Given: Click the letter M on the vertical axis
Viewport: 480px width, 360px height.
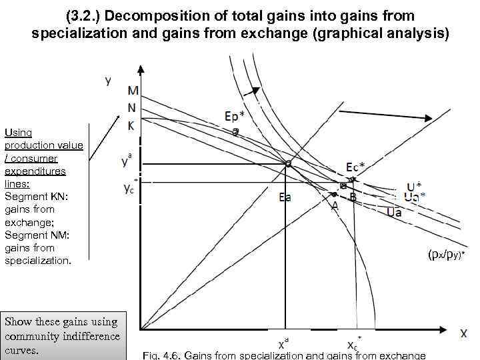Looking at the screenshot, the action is tap(133, 91).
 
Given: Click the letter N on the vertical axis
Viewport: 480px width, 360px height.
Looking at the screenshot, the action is tap(132, 107).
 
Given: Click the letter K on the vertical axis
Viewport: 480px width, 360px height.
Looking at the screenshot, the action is tap(132, 124).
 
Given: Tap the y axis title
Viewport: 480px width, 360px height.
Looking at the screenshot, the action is tap(108, 81).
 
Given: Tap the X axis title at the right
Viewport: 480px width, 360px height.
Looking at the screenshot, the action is tap(463, 333).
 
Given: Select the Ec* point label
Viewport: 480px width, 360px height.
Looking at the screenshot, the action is tap(354, 167).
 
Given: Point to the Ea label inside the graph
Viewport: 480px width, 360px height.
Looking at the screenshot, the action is tap(285, 197).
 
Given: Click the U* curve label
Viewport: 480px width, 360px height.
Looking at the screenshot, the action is tap(414, 187).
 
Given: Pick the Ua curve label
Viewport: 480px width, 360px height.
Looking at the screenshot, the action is tap(393, 212).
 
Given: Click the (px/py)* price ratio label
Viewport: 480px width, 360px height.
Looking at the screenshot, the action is tap(446, 254).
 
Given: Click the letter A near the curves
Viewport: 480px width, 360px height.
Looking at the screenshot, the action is tap(335, 206).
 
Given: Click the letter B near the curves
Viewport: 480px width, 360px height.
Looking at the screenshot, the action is tap(353, 197).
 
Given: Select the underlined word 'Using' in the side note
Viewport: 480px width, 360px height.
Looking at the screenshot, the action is tap(19, 133).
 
